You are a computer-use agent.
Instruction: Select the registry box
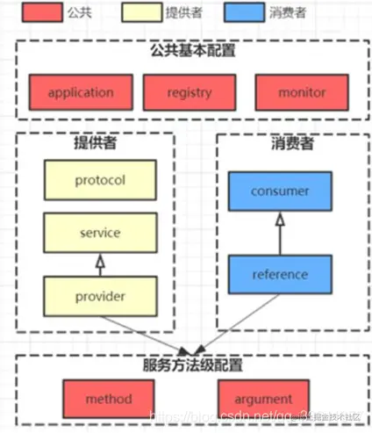(189, 92)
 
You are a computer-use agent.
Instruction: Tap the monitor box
(301, 92)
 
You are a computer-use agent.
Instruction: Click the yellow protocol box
(101, 180)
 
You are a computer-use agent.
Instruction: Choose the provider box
(101, 296)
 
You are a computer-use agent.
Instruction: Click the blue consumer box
(278, 191)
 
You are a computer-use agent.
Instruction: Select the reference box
(278, 274)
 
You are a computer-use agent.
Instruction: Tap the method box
(109, 400)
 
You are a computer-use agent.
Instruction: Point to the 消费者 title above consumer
(278, 141)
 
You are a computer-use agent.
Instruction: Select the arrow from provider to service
(101, 264)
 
